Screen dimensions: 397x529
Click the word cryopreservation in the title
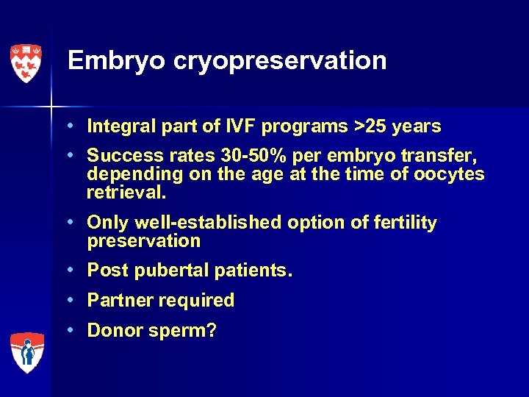point(280,61)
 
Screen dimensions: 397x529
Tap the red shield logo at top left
point(26,63)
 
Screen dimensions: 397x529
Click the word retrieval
point(126,193)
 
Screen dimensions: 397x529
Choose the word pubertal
point(167,271)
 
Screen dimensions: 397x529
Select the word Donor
point(113,330)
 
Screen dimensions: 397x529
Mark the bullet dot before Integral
point(76,126)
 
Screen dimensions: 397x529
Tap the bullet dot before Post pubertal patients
point(76,271)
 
